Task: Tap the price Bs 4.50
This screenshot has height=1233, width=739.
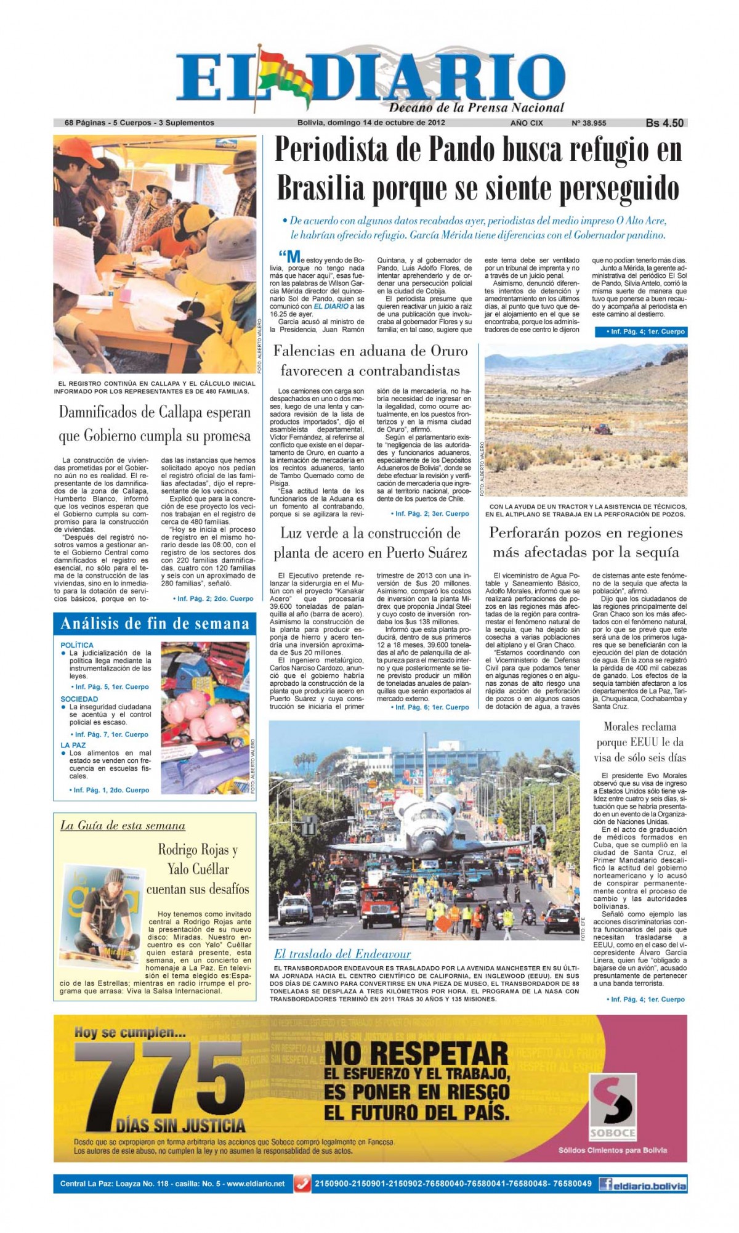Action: coord(664,123)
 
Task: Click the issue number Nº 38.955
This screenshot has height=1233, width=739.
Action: coord(589,123)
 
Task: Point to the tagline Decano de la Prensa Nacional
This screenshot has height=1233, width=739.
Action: coord(476,108)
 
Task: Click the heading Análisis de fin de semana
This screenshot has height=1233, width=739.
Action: coord(155,624)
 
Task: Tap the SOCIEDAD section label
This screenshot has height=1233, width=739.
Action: coord(79,699)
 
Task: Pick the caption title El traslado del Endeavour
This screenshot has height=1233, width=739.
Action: coord(342,954)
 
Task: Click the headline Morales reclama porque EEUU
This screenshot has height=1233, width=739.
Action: coord(640,742)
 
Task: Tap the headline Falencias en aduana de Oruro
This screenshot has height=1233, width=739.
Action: coord(370,360)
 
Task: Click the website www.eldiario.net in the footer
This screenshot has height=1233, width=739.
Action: coord(254,1183)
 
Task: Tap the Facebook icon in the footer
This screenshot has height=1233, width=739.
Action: coord(605,1183)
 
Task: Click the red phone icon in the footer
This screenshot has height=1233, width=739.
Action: coord(302,1183)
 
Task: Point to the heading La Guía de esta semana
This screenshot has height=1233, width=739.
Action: coord(123,826)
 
